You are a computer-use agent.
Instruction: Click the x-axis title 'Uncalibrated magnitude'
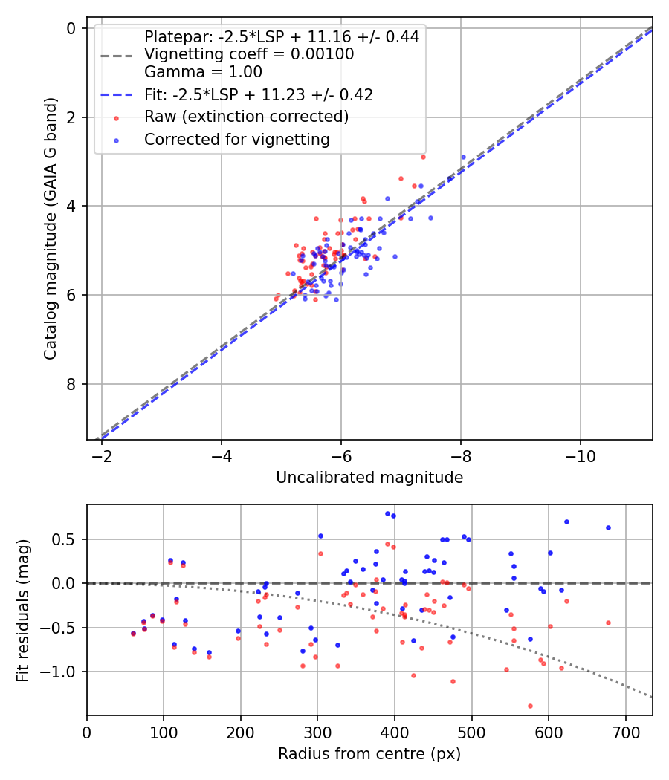pyautogui.click(x=369, y=478)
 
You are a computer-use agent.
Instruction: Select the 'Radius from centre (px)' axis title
pyautogui.click(x=369, y=754)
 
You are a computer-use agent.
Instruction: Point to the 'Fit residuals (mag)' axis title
pyautogui.click(x=23, y=610)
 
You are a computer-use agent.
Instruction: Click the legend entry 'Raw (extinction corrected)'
pyautogui.click(x=246, y=117)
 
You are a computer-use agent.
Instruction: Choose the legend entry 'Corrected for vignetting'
pyautogui.click(x=237, y=139)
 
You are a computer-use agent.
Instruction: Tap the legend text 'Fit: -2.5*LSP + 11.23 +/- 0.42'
pyautogui.click(x=259, y=94)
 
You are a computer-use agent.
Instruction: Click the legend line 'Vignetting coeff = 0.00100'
pyautogui.click(x=249, y=54)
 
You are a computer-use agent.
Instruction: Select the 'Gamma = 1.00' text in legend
pyautogui.click(x=203, y=72)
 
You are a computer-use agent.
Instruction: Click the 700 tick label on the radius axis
pyautogui.click(x=625, y=731)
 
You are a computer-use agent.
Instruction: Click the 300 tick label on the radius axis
pyautogui.click(x=317, y=731)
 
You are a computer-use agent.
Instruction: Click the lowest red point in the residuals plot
pyautogui.click(x=530, y=706)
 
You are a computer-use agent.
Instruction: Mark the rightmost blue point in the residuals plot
pyautogui.click(x=608, y=527)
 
